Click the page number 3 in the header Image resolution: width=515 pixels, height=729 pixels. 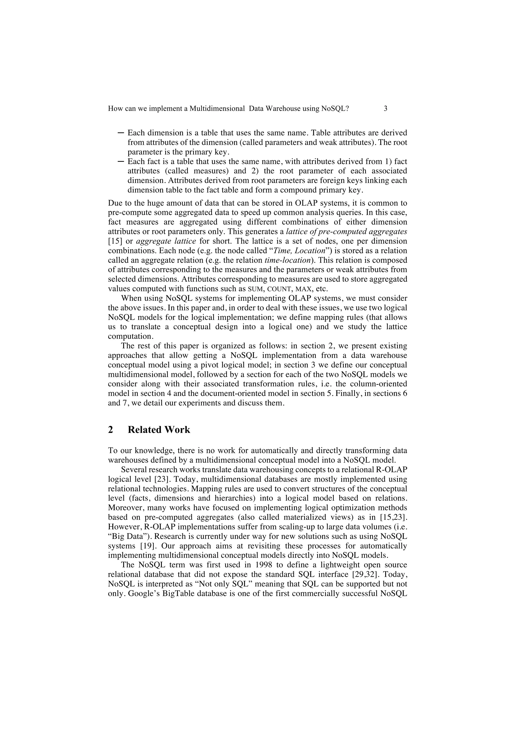(x=385, y=109)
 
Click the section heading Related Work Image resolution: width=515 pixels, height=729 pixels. (x=159, y=430)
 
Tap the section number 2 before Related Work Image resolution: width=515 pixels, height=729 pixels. (x=110, y=430)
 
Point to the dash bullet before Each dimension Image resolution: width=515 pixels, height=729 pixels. (x=121, y=132)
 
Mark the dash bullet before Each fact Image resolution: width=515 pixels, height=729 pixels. (x=121, y=161)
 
